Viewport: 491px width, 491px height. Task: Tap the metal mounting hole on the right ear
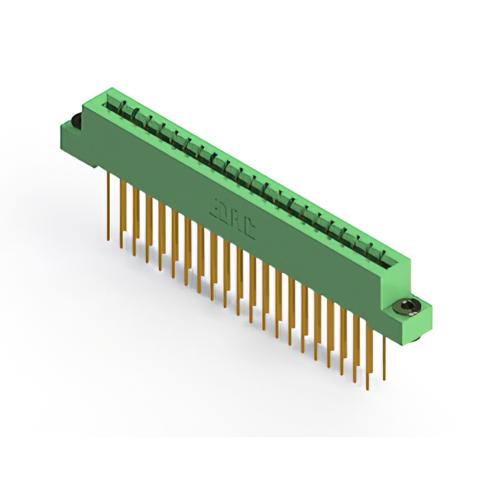(x=404, y=308)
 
